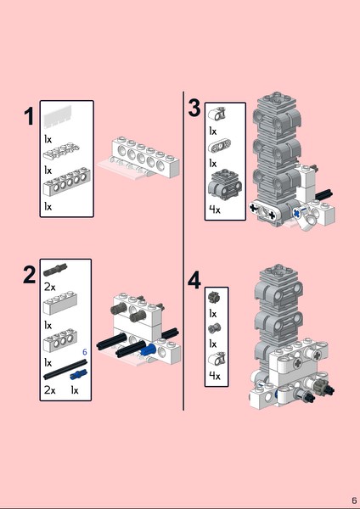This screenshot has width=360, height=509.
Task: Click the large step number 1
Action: click(29, 116)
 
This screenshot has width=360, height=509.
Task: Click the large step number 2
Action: click(29, 275)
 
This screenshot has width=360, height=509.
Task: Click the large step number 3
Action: click(194, 108)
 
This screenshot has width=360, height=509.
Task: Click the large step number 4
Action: click(194, 281)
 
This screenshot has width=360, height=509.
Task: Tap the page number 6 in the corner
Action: click(354, 501)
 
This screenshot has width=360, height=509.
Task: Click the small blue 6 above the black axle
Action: click(85, 352)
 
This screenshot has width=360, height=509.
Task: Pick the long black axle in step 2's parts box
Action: click(65, 369)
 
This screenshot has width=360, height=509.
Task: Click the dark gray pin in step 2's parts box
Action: click(55, 270)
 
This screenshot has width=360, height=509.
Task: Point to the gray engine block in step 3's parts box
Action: click(225, 184)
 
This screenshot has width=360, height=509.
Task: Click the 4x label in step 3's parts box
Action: click(215, 210)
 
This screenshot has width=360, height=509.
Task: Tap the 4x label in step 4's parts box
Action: click(215, 376)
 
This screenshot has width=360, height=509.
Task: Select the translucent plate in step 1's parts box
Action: click(58, 116)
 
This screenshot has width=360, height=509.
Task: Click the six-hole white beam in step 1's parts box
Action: click(66, 182)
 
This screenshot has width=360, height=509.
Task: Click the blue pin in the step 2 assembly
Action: click(149, 350)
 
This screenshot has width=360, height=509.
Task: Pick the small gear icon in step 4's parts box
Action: click(214, 296)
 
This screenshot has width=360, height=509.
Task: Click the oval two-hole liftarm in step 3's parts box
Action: click(220, 146)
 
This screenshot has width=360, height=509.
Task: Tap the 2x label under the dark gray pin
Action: click(50, 287)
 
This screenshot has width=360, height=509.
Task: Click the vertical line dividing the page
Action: click(183, 251)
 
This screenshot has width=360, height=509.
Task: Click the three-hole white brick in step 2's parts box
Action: click(60, 340)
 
